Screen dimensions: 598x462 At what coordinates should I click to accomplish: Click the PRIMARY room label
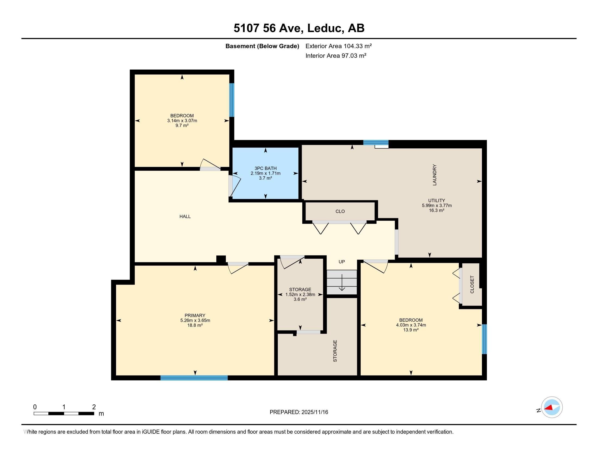[x=195, y=315]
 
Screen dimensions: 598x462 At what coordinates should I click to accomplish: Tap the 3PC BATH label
[x=265, y=168]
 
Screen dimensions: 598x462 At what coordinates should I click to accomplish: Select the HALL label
[x=185, y=217]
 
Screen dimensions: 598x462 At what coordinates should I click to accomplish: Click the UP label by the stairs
[x=341, y=262]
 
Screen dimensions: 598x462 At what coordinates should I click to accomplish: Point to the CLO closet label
[x=340, y=211]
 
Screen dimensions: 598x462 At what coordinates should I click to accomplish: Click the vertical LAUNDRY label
[x=434, y=175]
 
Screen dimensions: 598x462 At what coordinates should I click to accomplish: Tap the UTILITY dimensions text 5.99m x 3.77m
[x=437, y=205]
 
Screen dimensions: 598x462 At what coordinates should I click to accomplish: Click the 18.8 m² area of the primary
[x=195, y=325]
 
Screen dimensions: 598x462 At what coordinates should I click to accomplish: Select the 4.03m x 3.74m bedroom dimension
[x=411, y=325]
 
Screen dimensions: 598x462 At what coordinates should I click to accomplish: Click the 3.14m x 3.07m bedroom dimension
[x=182, y=121]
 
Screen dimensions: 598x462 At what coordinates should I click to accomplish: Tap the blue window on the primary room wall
[x=194, y=378]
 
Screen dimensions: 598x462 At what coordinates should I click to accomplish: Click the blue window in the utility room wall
[x=376, y=142]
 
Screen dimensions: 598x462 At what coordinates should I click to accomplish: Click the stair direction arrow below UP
[x=342, y=285]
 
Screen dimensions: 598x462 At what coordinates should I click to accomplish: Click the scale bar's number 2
[x=94, y=407]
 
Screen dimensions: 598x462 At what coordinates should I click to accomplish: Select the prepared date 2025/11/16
[x=314, y=412]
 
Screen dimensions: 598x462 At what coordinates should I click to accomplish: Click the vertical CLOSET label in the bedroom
[x=472, y=284]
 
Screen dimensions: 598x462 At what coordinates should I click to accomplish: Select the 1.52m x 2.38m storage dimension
[x=300, y=295]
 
